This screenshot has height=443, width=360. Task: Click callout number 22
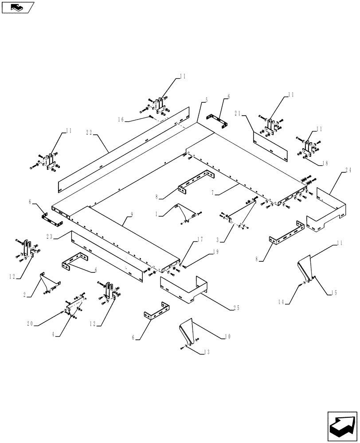pos(90,132)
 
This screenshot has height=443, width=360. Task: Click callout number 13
pos(205,352)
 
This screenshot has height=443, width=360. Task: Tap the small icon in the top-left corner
pos(18,7)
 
